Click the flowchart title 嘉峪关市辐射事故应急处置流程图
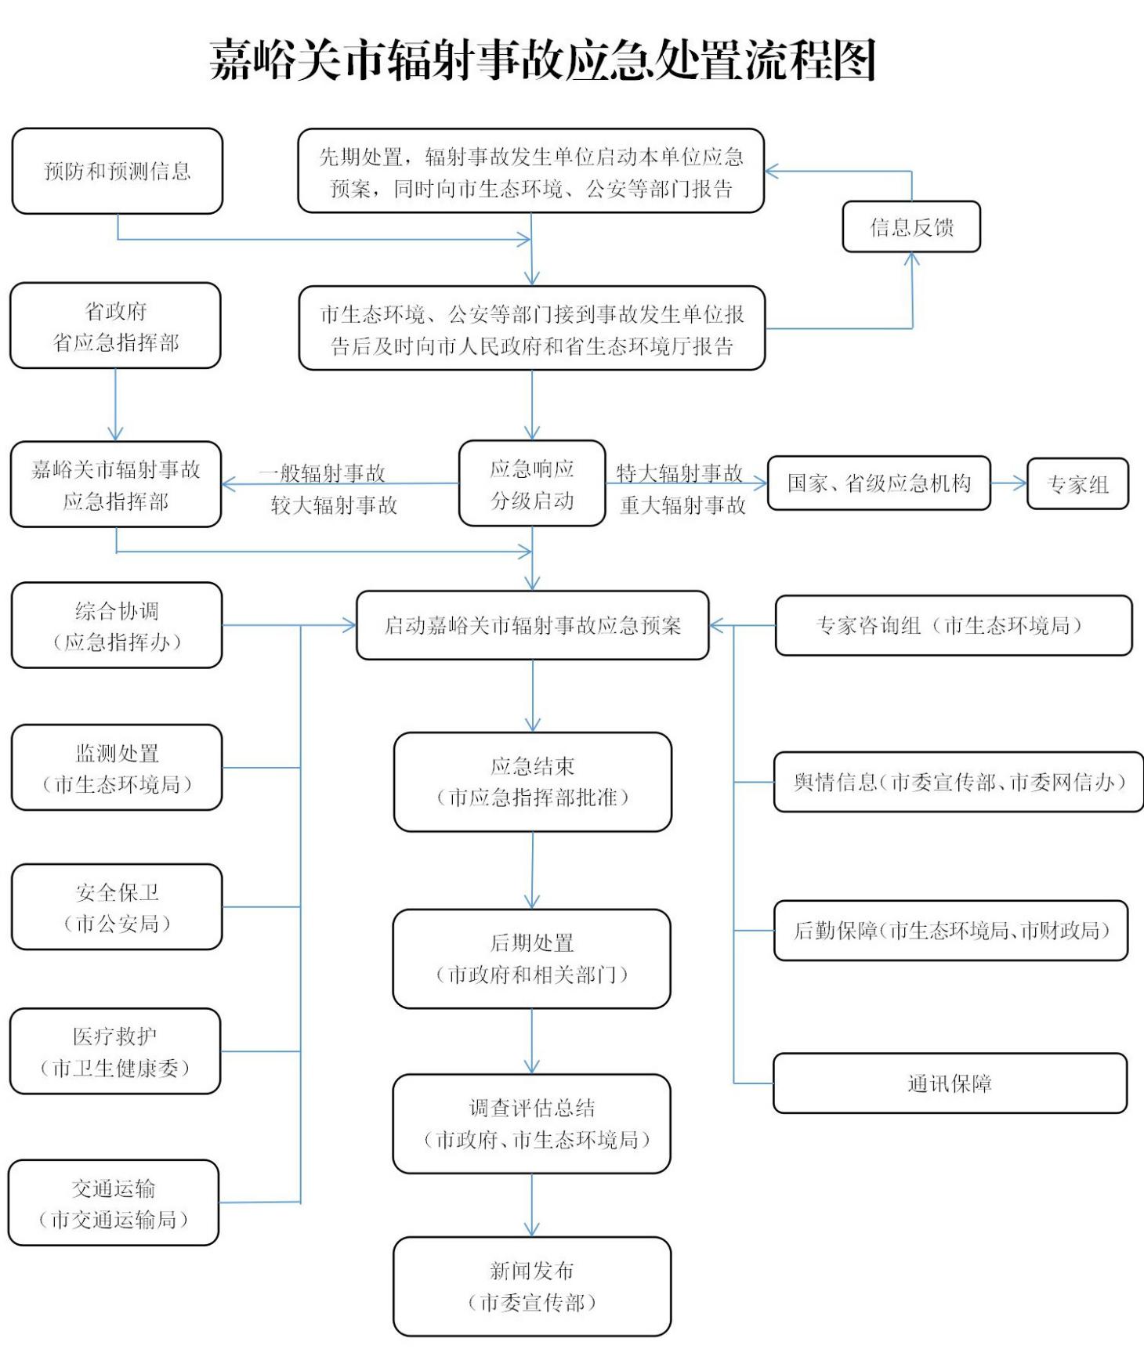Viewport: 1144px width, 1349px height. [x=542, y=60]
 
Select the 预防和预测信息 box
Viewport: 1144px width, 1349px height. [x=118, y=171]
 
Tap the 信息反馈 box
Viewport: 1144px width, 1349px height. [x=911, y=227]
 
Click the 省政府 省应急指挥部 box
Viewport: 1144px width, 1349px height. [x=115, y=326]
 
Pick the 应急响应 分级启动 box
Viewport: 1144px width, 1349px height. [x=532, y=483]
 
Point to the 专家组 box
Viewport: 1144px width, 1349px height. [x=1077, y=484]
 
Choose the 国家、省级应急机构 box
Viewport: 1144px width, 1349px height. [x=878, y=483]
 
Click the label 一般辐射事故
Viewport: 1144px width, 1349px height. [x=322, y=472]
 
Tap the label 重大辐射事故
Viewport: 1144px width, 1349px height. [x=682, y=505]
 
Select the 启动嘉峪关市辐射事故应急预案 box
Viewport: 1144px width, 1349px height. [x=533, y=625]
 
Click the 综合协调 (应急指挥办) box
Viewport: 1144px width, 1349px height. [x=117, y=625]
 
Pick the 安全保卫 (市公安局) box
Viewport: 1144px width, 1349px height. [x=117, y=907]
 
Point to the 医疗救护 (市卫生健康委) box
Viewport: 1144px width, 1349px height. [x=115, y=1051]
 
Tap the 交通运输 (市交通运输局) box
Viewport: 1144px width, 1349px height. [x=114, y=1203]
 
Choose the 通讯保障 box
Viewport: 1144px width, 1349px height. [x=950, y=1083]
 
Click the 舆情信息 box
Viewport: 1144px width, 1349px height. [x=958, y=782]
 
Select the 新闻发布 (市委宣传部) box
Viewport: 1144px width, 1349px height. [x=532, y=1286]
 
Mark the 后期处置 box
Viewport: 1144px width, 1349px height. [x=532, y=958]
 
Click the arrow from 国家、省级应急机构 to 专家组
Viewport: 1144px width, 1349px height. [x=1008, y=483]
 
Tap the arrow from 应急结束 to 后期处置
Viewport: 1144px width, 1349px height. [x=533, y=870]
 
